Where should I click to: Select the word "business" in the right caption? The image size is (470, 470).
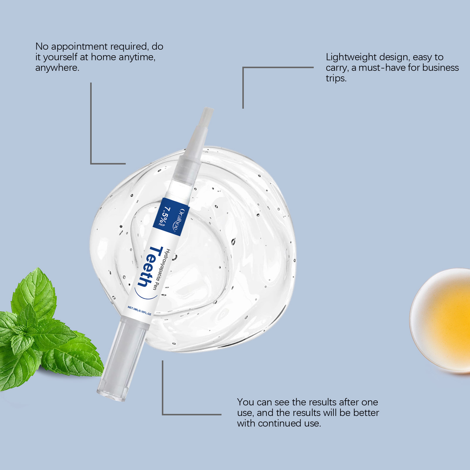point(440,68)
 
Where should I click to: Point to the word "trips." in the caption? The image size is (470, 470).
point(336,78)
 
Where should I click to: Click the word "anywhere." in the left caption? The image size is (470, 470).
point(57,68)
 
